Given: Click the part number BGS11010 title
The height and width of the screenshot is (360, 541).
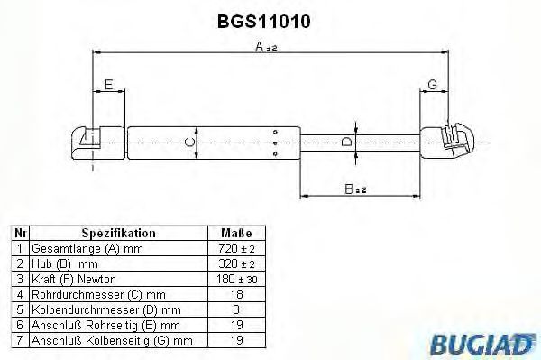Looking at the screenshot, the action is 264,22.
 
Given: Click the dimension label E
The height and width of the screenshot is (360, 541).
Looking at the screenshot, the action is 109,84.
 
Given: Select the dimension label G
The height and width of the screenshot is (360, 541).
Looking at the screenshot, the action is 432,84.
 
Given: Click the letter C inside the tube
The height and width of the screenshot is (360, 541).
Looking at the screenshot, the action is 189,143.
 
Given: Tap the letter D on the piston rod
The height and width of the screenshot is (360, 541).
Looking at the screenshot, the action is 346,142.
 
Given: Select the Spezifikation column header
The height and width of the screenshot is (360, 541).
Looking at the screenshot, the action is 119,233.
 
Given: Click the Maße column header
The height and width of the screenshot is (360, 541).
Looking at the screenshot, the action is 236,233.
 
